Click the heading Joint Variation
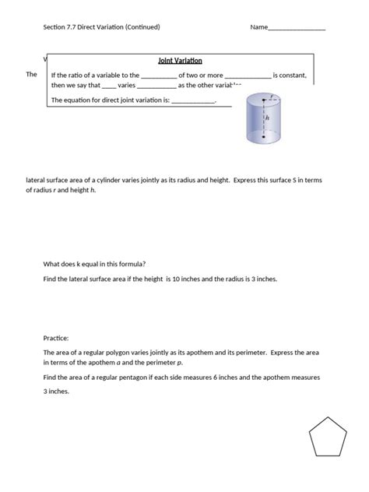click(180, 59)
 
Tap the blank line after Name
click(297, 29)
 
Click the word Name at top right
click(258, 27)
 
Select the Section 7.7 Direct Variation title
click(101, 27)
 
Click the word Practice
click(56, 339)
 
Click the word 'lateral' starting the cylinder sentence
click(37, 180)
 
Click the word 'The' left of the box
click(32, 74)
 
